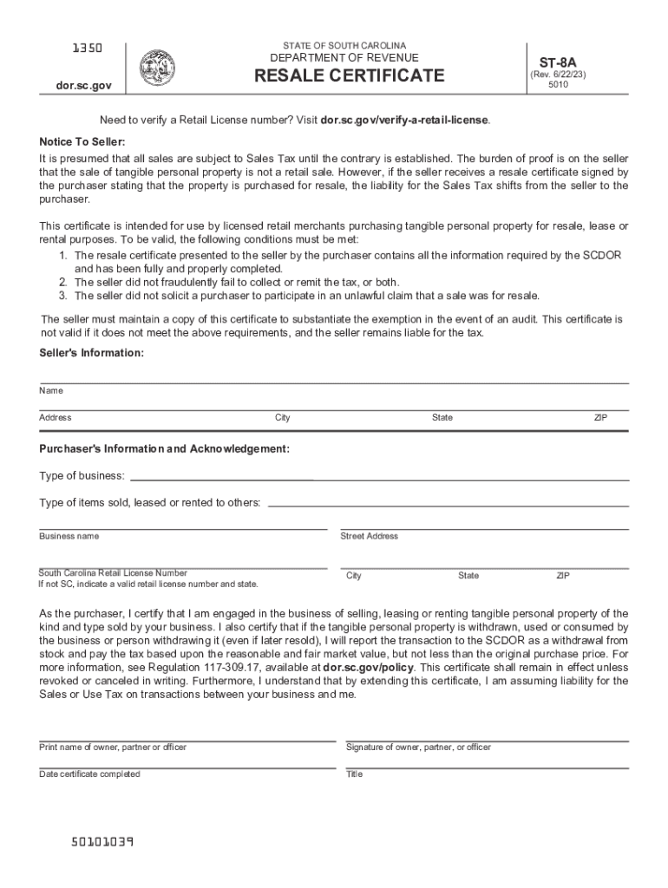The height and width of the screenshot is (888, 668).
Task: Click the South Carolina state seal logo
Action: [x=157, y=68]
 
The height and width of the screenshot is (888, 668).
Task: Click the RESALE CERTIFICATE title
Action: [x=349, y=76]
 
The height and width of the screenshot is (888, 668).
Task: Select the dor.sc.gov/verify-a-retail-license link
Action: [x=404, y=120]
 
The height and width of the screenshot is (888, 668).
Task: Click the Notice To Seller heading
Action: [x=82, y=141]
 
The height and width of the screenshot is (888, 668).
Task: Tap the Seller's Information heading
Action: [x=91, y=353]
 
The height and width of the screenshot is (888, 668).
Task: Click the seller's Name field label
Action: [x=51, y=391]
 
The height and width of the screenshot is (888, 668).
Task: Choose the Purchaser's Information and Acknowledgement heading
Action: [x=165, y=449]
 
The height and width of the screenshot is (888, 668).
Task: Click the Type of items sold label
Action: [x=149, y=503]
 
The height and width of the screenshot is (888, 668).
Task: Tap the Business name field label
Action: [x=69, y=536]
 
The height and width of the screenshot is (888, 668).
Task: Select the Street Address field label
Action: [x=370, y=536]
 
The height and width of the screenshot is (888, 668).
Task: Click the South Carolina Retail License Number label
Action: [x=113, y=573]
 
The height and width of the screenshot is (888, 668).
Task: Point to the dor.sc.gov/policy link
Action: [x=368, y=668]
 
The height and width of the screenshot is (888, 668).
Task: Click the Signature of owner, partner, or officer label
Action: [x=418, y=748]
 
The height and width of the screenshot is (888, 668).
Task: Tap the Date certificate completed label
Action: [x=89, y=774]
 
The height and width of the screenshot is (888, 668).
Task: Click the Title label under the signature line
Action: [x=354, y=774]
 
